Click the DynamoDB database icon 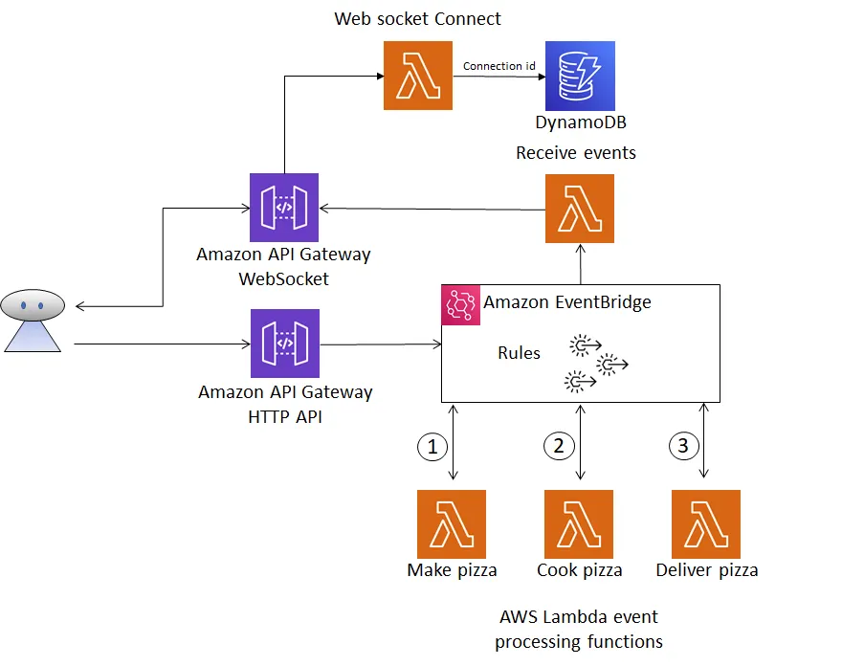point(580,76)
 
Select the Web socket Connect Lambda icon point(417,76)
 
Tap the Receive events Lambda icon point(580,209)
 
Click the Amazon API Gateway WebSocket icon point(284,208)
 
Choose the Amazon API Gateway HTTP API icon point(284,344)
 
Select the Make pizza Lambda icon point(452,523)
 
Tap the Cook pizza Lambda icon point(579,523)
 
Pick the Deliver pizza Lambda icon point(706,523)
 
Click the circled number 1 point(432,445)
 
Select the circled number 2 point(559,445)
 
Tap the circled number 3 point(681,445)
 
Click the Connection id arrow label point(499,66)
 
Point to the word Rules point(519,353)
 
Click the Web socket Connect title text point(417,18)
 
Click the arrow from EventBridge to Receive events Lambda point(580,264)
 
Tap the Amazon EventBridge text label point(566,302)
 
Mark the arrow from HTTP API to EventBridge point(380,344)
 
